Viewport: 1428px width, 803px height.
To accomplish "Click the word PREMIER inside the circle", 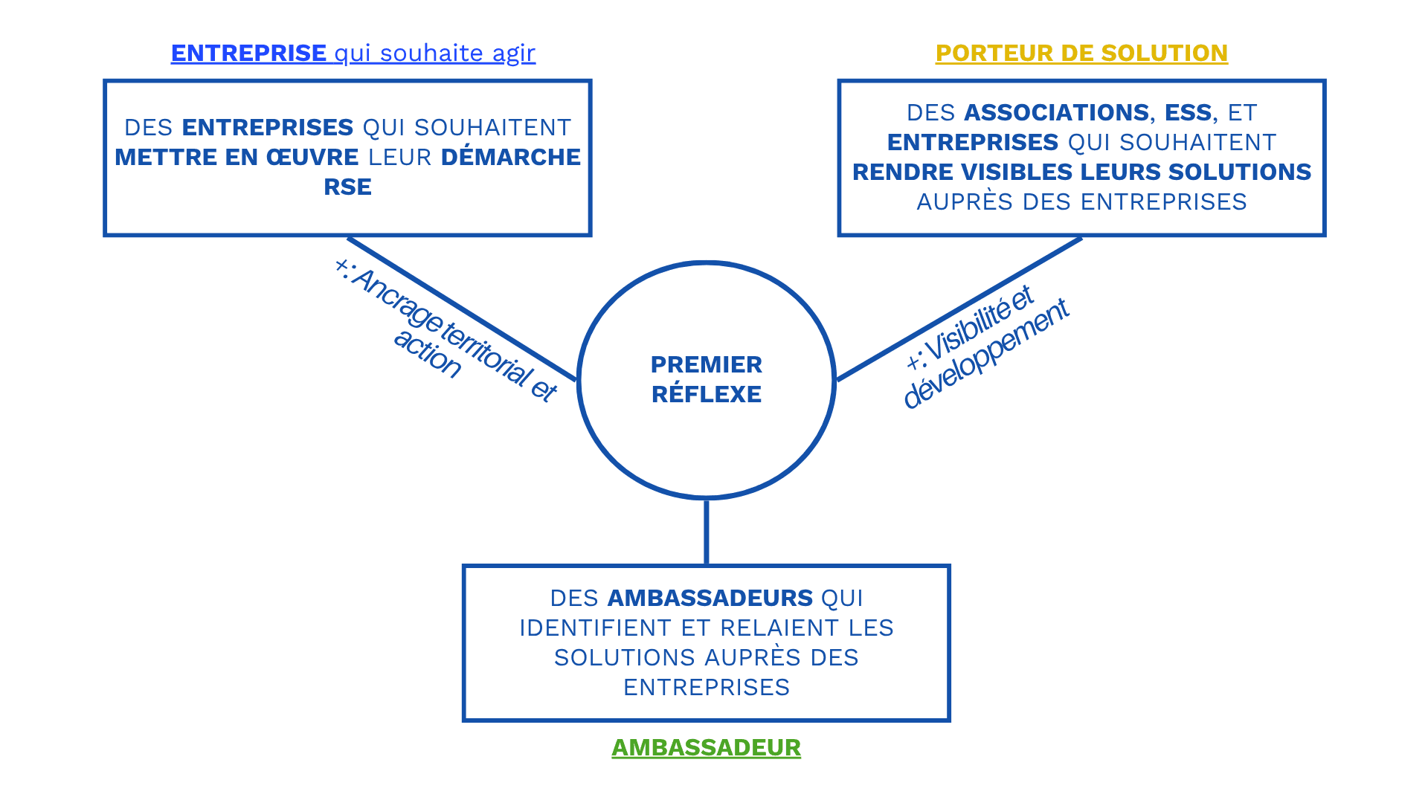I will [706, 364].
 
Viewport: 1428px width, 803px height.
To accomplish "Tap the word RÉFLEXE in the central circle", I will [706, 394].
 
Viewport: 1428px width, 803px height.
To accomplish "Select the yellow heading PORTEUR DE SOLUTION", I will [1081, 53].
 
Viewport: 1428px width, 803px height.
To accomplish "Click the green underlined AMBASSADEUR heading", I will [706, 747].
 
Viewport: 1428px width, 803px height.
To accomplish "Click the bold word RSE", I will [347, 187].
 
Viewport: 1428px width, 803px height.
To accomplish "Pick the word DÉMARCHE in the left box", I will [510, 157].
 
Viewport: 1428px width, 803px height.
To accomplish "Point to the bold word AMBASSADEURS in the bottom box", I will [710, 598].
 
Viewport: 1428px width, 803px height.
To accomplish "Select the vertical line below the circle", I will [706, 532].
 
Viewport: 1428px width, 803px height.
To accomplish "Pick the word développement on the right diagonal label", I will [985, 353].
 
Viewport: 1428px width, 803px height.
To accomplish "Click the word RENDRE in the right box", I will [902, 172].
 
